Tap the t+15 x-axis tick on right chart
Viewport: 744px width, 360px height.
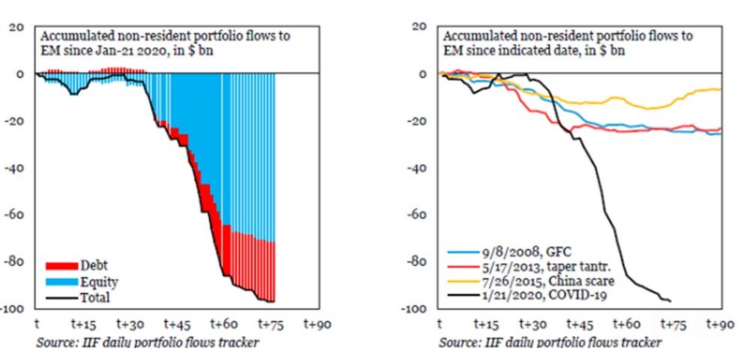(x=486, y=324)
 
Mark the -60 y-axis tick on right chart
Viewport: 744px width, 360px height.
(x=417, y=214)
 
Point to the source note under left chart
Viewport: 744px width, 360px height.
(x=148, y=342)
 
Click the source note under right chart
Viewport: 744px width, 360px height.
(x=550, y=342)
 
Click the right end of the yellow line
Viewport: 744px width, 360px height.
(x=721, y=89)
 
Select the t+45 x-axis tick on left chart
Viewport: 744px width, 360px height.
(x=176, y=324)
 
